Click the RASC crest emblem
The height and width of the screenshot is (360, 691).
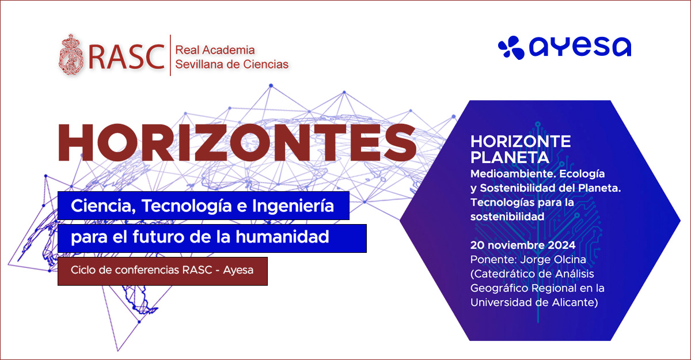pyautogui.click(x=71, y=55)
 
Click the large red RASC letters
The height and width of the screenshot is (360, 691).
pyautogui.click(x=127, y=57)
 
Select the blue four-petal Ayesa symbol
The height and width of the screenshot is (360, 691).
pyautogui.click(x=511, y=47)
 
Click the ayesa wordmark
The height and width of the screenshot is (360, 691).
pyautogui.click(x=580, y=47)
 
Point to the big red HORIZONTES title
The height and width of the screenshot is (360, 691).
pyautogui.click(x=237, y=142)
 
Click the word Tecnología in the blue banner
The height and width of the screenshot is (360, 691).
pyautogui.click(x=187, y=206)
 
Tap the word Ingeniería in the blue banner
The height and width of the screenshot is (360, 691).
pyautogui.click(x=293, y=206)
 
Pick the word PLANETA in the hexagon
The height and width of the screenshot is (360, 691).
pyautogui.click(x=510, y=158)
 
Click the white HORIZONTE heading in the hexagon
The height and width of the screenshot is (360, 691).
pyautogui.click(x=521, y=142)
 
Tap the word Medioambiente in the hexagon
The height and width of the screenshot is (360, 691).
pyautogui.click(x=512, y=174)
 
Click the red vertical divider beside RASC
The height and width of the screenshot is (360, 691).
pyautogui.click(x=170, y=55)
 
